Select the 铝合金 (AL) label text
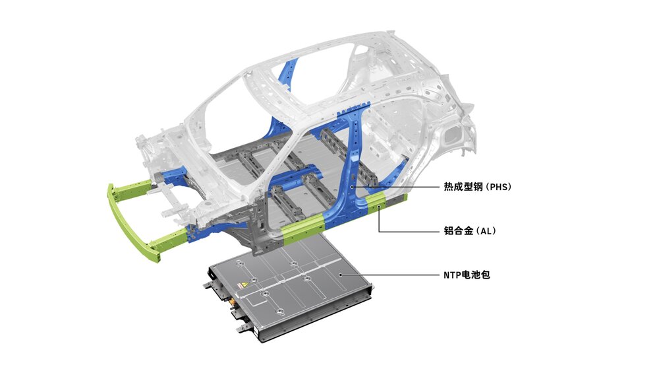pos(469,230)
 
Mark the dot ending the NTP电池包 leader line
pos(340,273)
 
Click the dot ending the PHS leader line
pos(353,187)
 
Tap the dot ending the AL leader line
pos(379,207)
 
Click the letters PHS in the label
pos(498,187)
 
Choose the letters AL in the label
pos(486,230)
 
